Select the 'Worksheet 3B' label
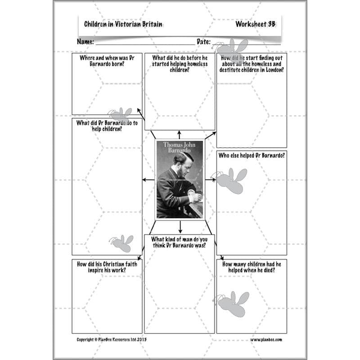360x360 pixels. coord(255,24)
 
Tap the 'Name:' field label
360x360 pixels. coord(85,42)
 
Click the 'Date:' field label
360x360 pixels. coord(203,42)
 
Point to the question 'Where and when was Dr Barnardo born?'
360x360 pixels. coord(107,61)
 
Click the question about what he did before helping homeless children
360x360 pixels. coord(180,64)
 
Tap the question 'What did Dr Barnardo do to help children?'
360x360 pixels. coord(107,126)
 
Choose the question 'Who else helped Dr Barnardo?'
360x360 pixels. coord(252,156)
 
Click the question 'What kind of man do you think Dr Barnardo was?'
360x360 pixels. coord(179,242)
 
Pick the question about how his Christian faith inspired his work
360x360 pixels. coord(107,267)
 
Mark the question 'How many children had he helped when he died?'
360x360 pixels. coord(252,267)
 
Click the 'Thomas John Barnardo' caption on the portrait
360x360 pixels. coord(180,148)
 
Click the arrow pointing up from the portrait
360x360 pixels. coord(180,134)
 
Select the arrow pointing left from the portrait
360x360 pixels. coord(147,180)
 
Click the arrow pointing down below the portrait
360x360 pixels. coord(180,226)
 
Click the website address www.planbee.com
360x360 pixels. coord(266,340)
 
